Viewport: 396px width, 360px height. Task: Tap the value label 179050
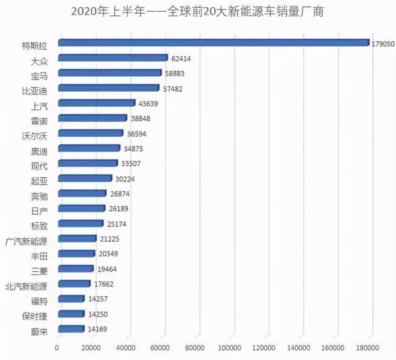pyautogui.click(x=382, y=44)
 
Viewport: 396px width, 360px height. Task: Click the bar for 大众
pyautogui.click(x=112, y=58)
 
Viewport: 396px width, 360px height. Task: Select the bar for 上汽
pyautogui.click(x=96, y=104)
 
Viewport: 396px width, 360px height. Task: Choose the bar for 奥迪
pyautogui.click(x=89, y=148)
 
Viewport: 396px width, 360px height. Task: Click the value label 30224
pyautogui.click(x=126, y=179)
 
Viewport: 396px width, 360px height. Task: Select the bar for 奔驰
pyautogui.click(x=82, y=193)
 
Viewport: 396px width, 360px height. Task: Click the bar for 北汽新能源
pyautogui.click(x=74, y=284)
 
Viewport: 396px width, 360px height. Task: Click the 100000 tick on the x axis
pyautogui.click(x=229, y=348)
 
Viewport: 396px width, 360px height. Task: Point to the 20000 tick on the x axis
pyautogui.click(x=92, y=348)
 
